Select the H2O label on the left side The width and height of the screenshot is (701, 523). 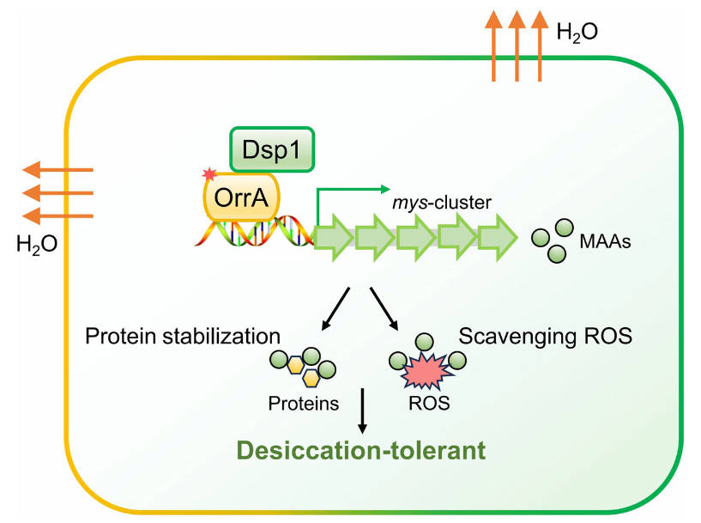[37, 245]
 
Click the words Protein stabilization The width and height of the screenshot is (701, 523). [183, 334]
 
